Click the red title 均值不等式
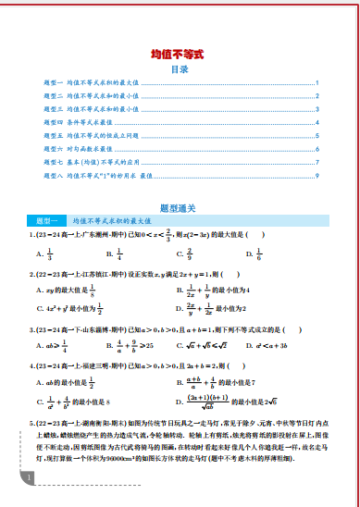[x=180, y=56]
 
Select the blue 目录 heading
[x=180, y=69]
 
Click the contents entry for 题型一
[x=93, y=83]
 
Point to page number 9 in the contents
[x=317, y=174]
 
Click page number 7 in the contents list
[x=317, y=161]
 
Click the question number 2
[x=32, y=274]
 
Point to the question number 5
[x=32, y=421]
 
